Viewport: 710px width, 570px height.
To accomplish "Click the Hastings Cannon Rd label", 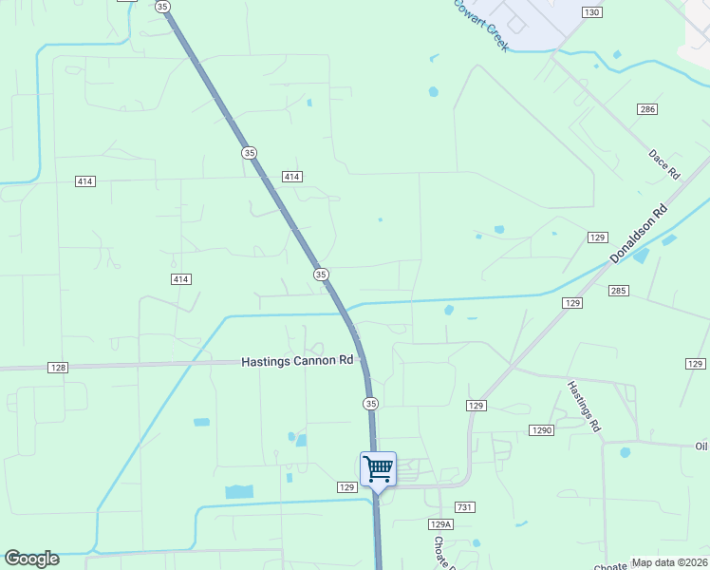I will coord(297,361).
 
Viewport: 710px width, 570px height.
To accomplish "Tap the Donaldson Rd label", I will coord(639,235).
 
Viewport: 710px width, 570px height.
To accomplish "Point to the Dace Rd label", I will coord(664,164).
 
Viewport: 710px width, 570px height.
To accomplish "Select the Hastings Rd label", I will coord(585,407).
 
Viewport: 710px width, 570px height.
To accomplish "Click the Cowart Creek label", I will coord(481,25).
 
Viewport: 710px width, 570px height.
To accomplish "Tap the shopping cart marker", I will coord(378,468).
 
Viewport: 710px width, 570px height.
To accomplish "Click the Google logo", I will coord(31,559).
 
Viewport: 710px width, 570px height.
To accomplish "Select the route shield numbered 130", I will coord(592,11).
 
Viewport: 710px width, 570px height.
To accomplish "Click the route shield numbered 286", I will coord(647,110).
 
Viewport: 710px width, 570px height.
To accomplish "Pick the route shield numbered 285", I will coord(619,290).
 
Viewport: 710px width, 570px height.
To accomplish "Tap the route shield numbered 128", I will coord(58,368).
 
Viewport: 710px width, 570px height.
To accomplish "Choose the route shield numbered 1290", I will coord(542,430).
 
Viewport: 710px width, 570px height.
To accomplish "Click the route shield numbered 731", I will coord(464,508).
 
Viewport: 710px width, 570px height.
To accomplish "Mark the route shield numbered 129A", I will coord(440,524).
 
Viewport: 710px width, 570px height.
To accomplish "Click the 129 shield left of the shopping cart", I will coord(346,486).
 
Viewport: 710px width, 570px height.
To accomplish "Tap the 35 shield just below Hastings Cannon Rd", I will coord(371,404).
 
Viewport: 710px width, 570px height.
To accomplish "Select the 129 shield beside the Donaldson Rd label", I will coord(597,237).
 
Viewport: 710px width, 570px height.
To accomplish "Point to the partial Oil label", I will coord(701,446).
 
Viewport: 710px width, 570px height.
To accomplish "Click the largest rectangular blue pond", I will coord(239,491).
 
